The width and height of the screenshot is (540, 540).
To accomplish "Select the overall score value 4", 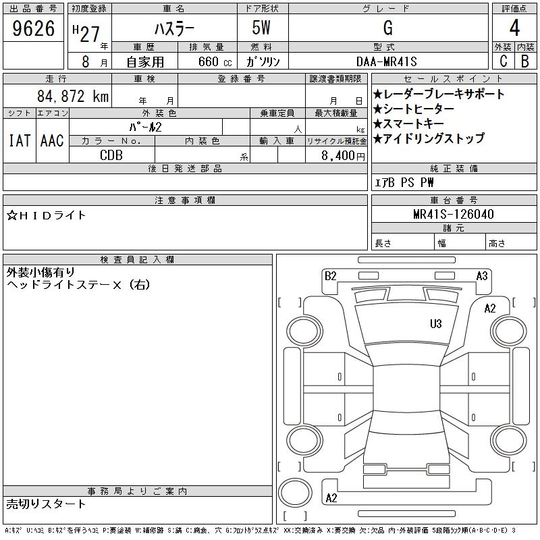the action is (x=514, y=28).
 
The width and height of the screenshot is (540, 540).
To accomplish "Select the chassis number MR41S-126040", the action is (x=454, y=215).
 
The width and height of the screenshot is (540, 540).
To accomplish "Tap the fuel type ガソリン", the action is (x=263, y=61).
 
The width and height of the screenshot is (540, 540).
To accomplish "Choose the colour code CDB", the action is (x=111, y=155).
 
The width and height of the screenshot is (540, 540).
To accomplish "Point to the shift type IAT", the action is (x=19, y=140).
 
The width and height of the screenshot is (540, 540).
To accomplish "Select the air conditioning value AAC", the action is (x=51, y=140).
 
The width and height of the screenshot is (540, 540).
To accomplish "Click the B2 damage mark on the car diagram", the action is (x=330, y=275).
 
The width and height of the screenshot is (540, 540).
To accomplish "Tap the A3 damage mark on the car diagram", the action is (x=482, y=275).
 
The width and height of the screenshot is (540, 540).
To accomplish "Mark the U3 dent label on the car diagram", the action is (x=436, y=324).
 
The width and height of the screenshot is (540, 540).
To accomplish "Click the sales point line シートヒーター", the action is (x=418, y=109).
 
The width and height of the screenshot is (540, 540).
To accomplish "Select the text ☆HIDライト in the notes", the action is (x=47, y=215).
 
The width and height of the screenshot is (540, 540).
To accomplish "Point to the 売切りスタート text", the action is (x=47, y=504).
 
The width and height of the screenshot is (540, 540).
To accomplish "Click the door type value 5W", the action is (x=263, y=28).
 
